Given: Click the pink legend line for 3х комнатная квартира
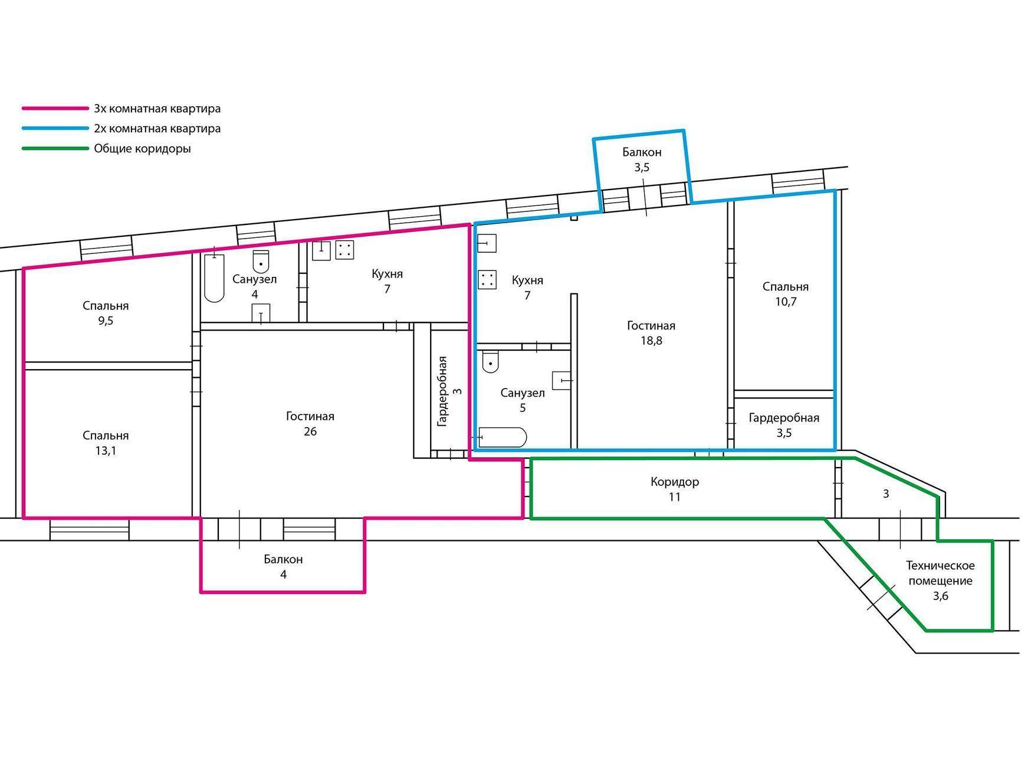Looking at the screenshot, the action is (x=55, y=109).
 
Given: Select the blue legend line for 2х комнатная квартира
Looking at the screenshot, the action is (x=55, y=128).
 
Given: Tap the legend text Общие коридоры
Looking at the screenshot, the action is (x=142, y=149).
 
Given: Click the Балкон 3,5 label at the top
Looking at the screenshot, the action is (x=642, y=159).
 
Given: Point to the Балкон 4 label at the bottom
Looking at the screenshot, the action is (x=283, y=566).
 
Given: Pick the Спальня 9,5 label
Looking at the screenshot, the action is (x=106, y=313).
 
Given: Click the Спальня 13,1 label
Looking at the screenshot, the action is (x=106, y=443).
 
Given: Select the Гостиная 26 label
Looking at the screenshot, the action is (x=310, y=423).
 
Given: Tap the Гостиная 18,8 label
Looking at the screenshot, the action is (x=651, y=332).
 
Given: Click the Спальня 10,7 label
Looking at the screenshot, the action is (x=785, y=293).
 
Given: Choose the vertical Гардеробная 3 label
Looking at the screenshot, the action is (x=449, y=391).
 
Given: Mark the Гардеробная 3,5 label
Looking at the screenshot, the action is (x=784, y=425).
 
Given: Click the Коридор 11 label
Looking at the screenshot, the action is (x=675, y=489).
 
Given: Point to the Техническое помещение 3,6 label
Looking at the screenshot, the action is (x=940, y=580).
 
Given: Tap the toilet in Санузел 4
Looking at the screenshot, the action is (x=261, y=260).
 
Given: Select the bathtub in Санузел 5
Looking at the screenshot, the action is (x=503, y=438).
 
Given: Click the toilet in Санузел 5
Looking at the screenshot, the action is (x=490, y=362).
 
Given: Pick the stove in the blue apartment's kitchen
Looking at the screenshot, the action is (x=487, y=280).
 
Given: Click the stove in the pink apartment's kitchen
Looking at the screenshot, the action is (x=344, y=250).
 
